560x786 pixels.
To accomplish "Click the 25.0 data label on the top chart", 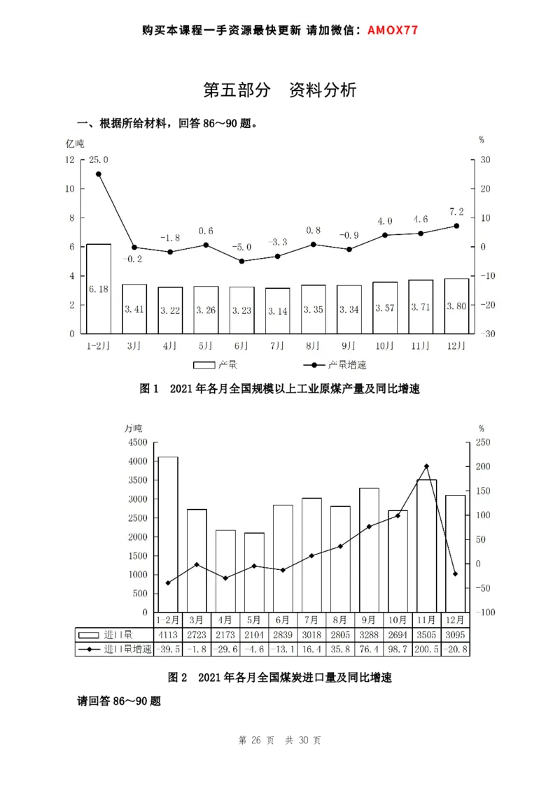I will pos(99,160).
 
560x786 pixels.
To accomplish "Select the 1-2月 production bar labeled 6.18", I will pos(99,288).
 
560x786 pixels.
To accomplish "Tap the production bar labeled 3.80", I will pos(456,306).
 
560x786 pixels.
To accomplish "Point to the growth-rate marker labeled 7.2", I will pos(456,226).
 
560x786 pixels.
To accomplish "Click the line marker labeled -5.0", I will pos(242,261).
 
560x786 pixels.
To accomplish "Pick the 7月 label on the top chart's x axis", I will pos(277,345).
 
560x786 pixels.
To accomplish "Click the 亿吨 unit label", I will pos(75,143).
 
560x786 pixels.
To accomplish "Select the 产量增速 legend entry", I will pos(346,365).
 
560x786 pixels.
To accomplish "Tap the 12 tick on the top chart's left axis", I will pos(69,159).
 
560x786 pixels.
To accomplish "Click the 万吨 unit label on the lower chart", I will pos(133,428).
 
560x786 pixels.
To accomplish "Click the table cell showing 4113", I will pos(167,635).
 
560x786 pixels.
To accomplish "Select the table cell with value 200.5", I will pos(426,650).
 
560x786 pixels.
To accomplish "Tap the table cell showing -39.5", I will pos(167,650).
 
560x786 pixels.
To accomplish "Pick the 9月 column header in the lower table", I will pos(369,620).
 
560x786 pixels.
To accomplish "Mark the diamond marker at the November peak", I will pos(426,466).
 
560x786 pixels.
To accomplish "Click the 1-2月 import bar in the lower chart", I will pos(167,534).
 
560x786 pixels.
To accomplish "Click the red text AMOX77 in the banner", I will pos(393,31).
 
